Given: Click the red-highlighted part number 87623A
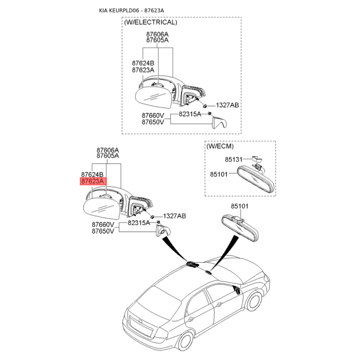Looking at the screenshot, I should click(x=93, y=181).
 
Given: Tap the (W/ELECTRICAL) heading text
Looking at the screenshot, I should click(x=150, y=22).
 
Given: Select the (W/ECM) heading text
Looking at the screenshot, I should click(x=220, y=146).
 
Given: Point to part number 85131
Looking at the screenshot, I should click(x=234, y=159).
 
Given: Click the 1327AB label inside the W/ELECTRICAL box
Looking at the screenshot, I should click(x=227, y=105).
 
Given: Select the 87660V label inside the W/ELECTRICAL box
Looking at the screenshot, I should click(x=153, y=115).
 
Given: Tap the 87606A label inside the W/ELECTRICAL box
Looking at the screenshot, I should click(x=157, y=34).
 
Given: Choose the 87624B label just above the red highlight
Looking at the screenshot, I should click(x=93, y=175).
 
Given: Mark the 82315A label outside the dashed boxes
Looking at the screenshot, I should click(x=139, y=222).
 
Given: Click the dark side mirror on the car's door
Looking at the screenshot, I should click(x=235, y=289).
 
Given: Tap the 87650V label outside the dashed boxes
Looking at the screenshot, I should click(x=103, y=231).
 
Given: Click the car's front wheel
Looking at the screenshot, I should click(x=255, y=300).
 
